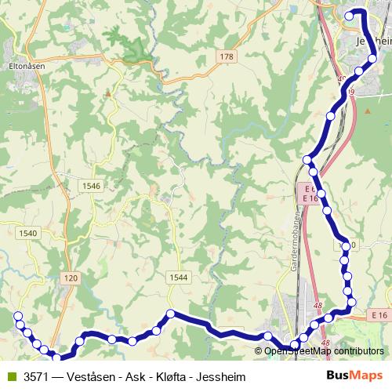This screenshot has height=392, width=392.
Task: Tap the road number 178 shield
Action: pos(227,56)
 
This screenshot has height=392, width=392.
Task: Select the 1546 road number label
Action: pos(92,186)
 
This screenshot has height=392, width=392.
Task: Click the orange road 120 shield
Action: pos(71,278)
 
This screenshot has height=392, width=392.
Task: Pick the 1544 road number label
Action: pos(179,277)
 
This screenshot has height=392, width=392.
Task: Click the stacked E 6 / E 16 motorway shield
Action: pos(309,194)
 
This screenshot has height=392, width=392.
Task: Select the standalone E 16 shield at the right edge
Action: pos(379,314)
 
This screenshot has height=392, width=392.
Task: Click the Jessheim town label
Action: pos(372,39)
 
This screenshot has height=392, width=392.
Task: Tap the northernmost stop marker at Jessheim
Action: pos(350,14)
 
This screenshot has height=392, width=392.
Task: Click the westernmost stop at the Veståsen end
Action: pos(19,316)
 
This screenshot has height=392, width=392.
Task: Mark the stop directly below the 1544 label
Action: pos(169,314)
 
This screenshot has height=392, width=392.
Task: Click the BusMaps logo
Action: pos(354,376)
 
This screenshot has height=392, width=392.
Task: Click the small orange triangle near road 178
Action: pos(108,93)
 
